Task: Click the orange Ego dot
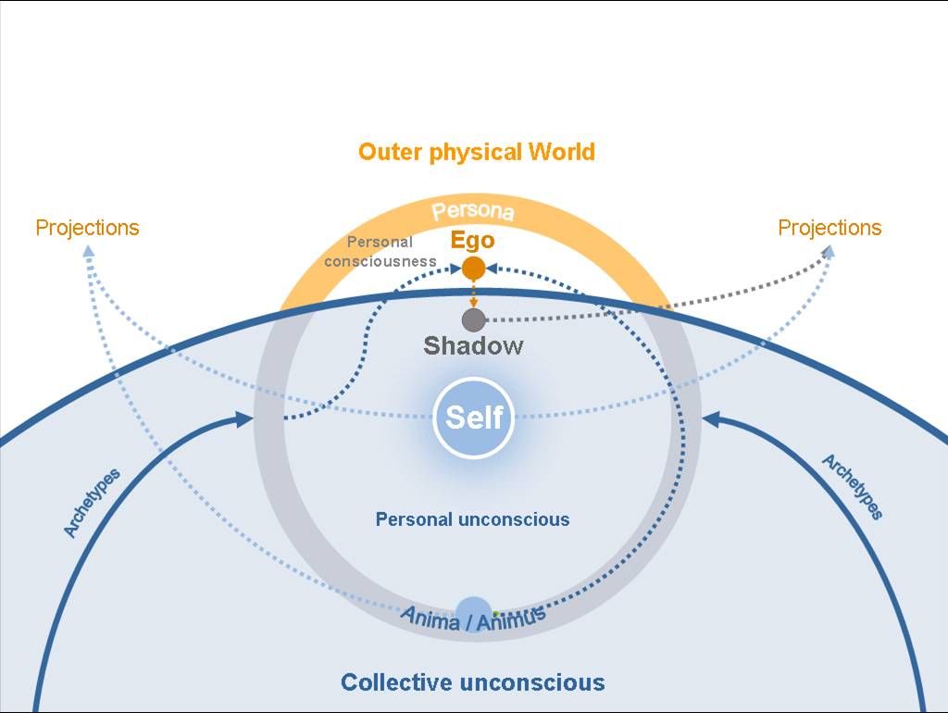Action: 473,269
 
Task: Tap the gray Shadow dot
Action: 473,320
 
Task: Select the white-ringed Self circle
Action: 473,418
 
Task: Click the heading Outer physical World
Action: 476,152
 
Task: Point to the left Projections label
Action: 87,228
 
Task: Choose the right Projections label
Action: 829,228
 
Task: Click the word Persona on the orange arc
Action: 473,211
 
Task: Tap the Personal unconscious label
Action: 472,519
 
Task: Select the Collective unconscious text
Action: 472,683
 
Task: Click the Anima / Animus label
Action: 473,617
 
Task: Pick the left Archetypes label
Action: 92,503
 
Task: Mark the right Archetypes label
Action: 853,487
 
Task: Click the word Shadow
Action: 473,346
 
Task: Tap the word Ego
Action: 472,241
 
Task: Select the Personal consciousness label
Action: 380,252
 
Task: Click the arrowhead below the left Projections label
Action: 88,251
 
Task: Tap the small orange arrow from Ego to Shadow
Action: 473,295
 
